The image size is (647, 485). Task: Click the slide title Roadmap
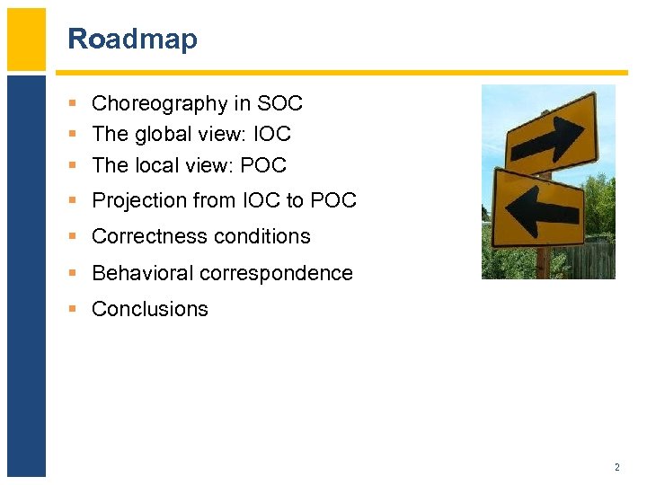132,40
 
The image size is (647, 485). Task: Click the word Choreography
160,104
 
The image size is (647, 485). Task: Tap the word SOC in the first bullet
279,104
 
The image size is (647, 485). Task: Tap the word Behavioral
141,273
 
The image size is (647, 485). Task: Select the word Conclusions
150,309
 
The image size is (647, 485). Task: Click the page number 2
616,467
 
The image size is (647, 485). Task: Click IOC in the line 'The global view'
273,135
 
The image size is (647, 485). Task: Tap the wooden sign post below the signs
544,262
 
